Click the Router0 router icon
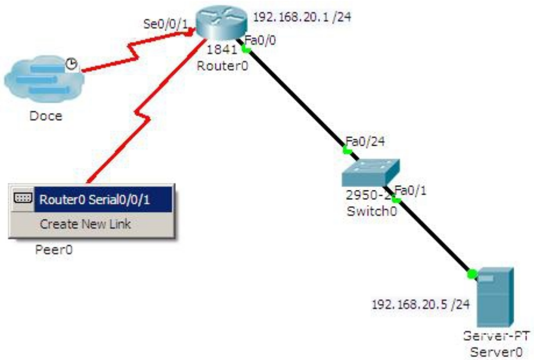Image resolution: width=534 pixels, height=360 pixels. coord(220,22)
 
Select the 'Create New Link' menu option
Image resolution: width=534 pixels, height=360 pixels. coord(85,224)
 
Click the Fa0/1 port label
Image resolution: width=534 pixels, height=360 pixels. coord(410,190)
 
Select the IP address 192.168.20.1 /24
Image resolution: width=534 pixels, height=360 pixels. coord(302,17)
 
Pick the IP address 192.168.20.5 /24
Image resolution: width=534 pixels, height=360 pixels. coord(420,304)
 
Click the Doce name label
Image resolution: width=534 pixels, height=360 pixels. coord(45,116)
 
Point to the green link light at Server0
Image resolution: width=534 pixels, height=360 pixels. coord(471,272)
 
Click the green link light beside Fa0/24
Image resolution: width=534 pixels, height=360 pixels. coord(347,150)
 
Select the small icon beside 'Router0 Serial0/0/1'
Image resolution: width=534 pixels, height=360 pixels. coord(23,199)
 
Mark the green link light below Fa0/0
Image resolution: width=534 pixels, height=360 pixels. coord(247,49)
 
